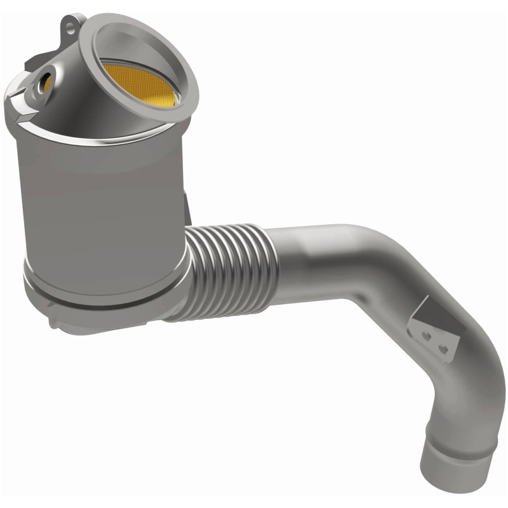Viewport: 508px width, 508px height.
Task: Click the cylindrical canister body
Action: (x=102, y=203)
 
